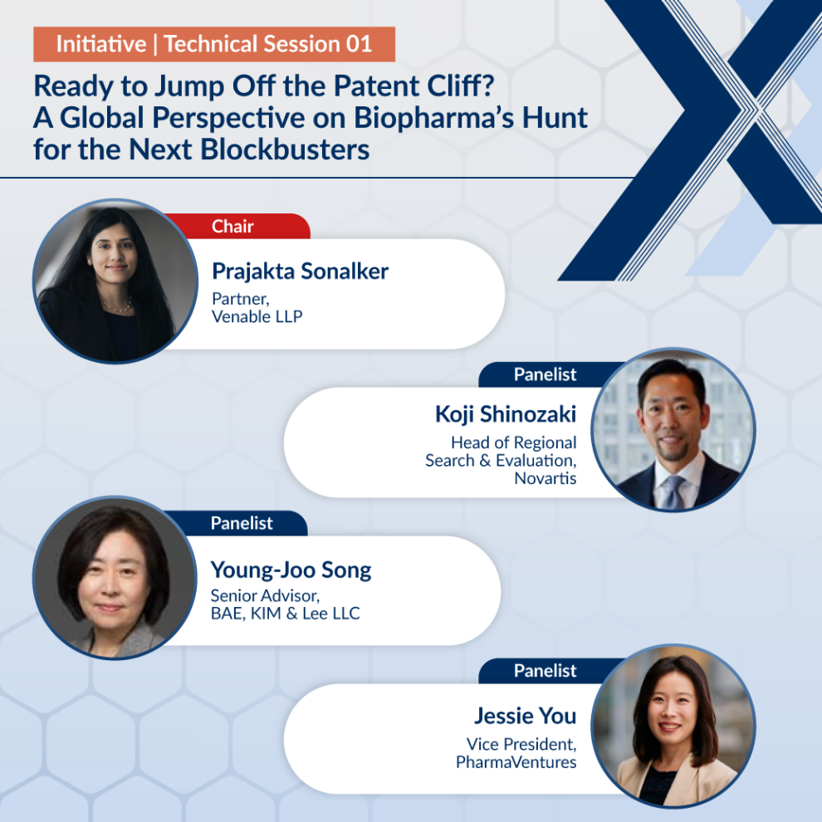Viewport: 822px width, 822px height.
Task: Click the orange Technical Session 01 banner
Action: coord(214,44)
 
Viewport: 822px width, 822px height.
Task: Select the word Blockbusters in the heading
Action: coord(285,149)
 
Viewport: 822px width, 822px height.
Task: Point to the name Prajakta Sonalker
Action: coord(300,271)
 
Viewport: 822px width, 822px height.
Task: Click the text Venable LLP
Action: coord(257,316)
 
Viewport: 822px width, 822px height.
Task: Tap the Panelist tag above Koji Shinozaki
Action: coord(546,374)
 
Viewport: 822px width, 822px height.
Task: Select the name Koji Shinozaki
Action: coord(506,414)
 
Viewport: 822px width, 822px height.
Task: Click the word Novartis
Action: coord(546,478)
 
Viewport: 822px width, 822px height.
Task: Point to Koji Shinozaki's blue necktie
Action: coord(673,493)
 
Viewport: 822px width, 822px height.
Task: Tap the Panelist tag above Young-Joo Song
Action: coord(241,522)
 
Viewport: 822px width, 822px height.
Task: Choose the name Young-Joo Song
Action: coord(291,570)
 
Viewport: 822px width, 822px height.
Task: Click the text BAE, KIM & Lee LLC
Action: coord(285,614)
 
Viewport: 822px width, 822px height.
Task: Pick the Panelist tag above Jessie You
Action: coord(546,671)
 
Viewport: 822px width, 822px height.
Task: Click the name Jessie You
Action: coord(526,716)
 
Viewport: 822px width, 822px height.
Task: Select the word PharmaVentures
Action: coord(516,761)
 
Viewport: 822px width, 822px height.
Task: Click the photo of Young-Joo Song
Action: coord(115,578)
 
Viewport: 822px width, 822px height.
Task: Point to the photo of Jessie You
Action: coord(673,726)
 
